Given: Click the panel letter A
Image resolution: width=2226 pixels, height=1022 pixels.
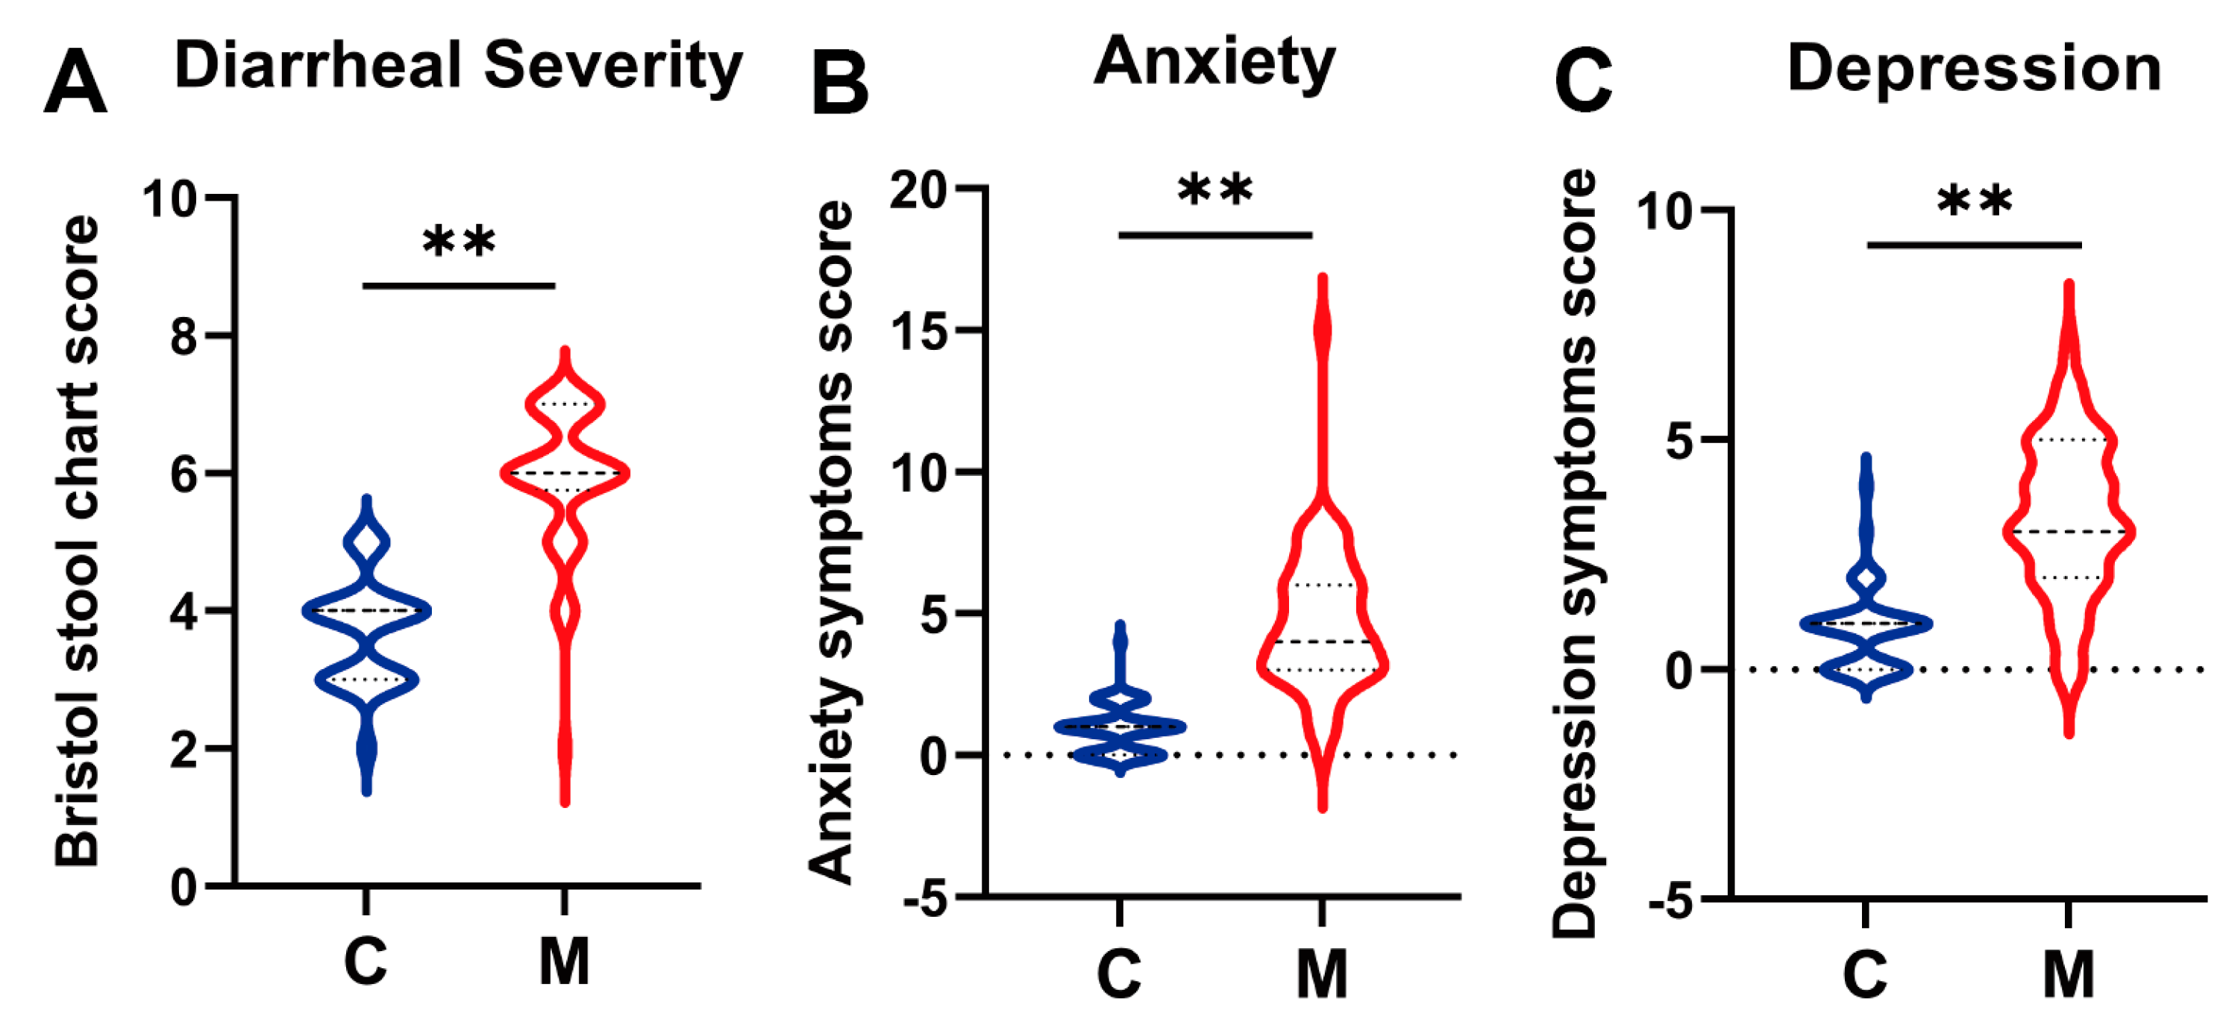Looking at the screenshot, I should click(75, 84).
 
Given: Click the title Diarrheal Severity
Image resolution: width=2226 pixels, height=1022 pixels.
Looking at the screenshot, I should click(458, 66).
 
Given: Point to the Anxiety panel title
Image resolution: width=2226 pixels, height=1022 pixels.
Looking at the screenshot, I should click(1214, 62).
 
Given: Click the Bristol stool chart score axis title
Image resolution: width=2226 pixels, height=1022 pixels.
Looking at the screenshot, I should click(78, 540).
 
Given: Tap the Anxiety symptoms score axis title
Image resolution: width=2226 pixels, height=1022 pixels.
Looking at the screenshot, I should click(831, 542).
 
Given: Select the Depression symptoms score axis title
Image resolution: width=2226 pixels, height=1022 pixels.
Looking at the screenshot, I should click(1575, 553).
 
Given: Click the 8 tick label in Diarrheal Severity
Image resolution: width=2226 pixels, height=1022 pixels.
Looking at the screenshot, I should click(184, 336).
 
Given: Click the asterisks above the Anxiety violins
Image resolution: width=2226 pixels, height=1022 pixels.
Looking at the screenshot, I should click(1215, 191).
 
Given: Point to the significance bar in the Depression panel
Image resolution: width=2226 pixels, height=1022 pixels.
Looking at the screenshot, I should click(1974, 245).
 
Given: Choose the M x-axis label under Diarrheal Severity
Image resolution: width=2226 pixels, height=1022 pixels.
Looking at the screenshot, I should click(564, 962).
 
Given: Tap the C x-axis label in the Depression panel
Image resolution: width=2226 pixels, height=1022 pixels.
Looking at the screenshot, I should click(1865, 974).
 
